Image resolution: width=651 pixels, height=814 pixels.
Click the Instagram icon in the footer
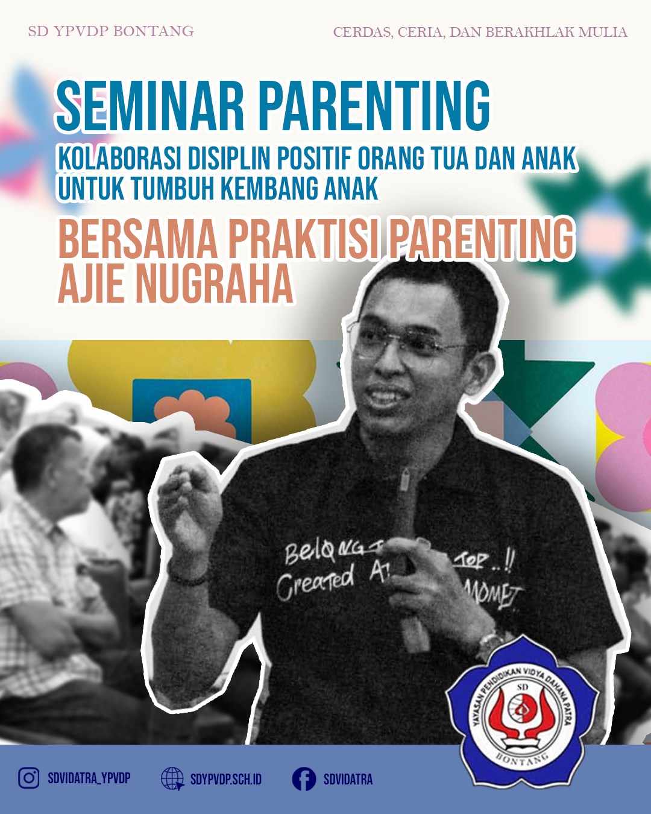[28, 778]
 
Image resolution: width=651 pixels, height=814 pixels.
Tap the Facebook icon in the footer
[304, 779]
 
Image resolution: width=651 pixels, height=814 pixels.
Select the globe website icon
[172, 779]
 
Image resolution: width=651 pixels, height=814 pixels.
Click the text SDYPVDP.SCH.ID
[226, 780]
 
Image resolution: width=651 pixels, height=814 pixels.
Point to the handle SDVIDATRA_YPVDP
[89, 778]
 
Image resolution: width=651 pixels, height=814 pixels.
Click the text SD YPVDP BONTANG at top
[111, 31]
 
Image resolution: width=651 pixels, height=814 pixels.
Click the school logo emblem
[523, 715]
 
